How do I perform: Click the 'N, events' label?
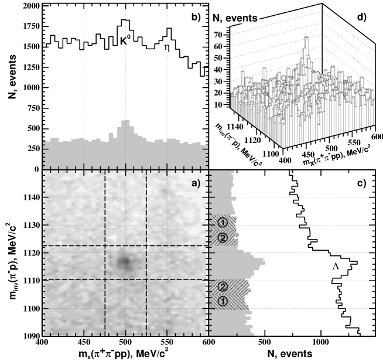point(235,18)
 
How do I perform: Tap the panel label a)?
point(196,183)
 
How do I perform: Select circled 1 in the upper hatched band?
point(222,222)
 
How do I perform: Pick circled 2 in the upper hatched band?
point(222,237)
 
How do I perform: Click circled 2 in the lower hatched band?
point(222,286)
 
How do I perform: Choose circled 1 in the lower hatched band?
point(222,301)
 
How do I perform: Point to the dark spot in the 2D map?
point(124,262)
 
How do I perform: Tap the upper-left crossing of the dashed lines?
point(105,246)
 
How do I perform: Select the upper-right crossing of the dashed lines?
point(146,246)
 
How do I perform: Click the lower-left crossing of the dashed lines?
point(105,280)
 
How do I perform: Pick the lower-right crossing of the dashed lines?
point(146,280)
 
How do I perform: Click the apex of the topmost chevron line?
point(322,12)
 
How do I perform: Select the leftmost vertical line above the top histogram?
point(84,59)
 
